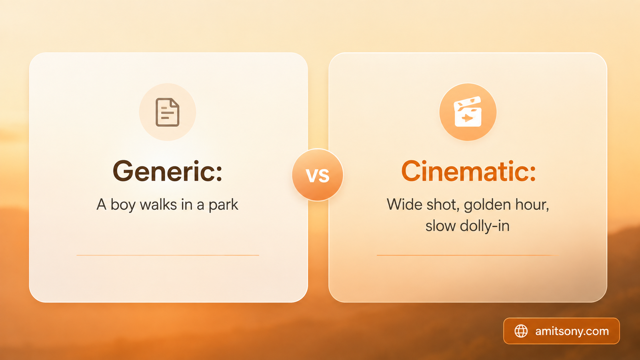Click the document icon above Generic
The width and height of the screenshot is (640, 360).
click(x=168, y=112)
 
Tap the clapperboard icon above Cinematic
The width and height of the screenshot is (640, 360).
click(x=468, y=112)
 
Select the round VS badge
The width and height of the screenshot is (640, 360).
click(x=318, y=174)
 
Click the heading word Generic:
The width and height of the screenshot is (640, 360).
click(x=168, y=171)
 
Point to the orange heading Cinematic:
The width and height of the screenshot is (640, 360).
click(x=468, y=171)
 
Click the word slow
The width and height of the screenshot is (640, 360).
click(x=440, y=226)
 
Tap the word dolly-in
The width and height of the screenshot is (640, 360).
click(x=484, y=226)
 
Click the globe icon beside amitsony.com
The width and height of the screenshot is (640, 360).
click(x=521, y=331)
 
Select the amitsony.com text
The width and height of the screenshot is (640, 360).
click(x=572, y=331)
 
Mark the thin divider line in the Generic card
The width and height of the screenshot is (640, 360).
click(x=168, y=255)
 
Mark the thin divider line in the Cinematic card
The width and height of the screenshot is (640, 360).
click(x=468, y=255)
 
